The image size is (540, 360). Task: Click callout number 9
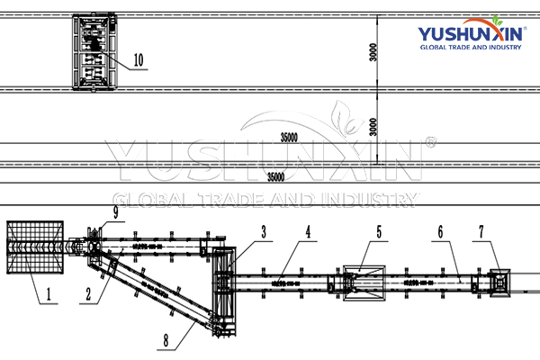(116, 213)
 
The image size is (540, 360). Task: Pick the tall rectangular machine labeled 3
(226, 287)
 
